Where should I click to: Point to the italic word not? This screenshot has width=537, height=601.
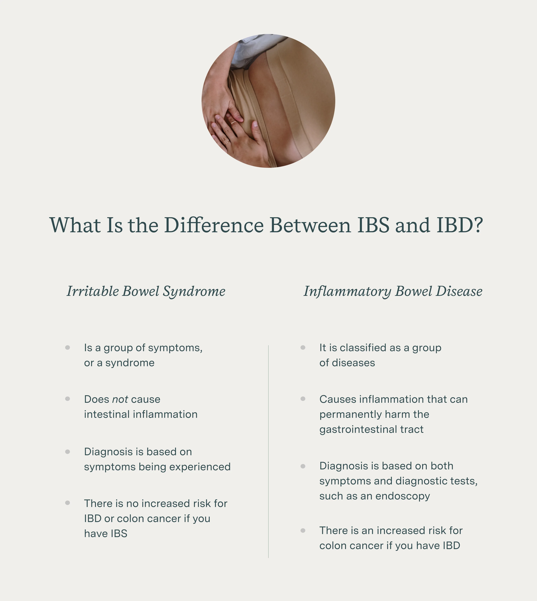click(120, 399)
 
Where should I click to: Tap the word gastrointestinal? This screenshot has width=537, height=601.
click(358, 429)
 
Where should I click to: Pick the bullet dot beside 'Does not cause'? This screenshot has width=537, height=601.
click(67, 399)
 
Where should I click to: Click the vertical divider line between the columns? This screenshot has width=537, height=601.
click(268, 452)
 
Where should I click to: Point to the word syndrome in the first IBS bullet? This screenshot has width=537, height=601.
click(130, 363)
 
